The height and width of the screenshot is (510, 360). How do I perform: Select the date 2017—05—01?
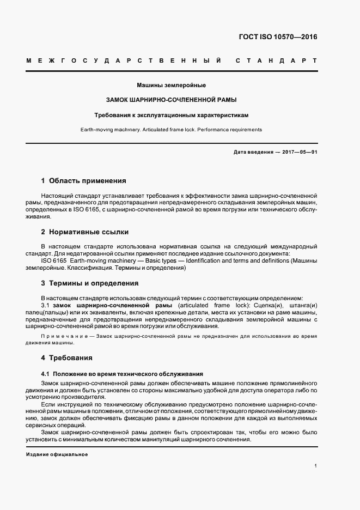pos(300,152)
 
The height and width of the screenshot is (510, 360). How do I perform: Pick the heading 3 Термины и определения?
pos(89,283)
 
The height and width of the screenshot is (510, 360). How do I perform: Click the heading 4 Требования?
pos(66,358)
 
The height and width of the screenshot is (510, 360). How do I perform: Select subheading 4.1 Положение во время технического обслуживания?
pos(122,374)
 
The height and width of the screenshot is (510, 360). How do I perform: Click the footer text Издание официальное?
pos(57,454)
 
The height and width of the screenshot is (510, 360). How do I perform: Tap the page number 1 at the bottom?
pos(315,466)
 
